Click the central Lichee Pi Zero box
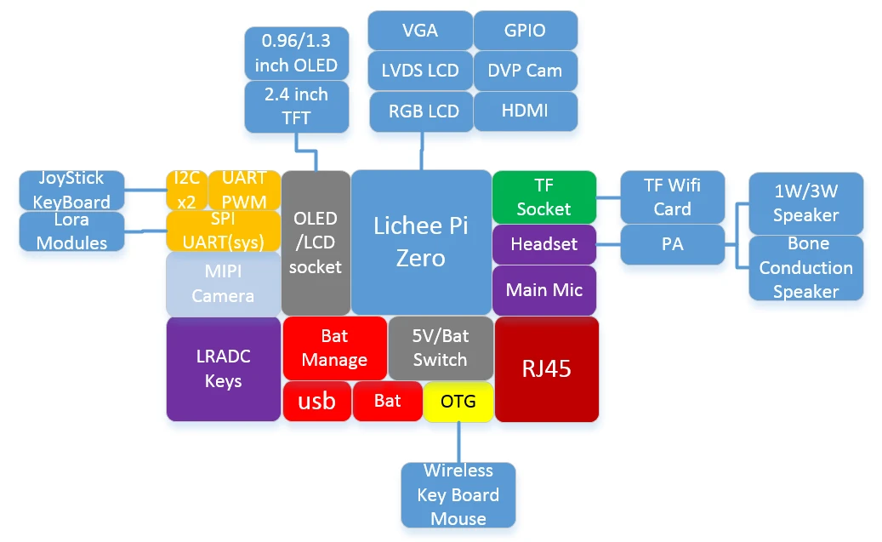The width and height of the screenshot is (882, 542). tap(421, 242)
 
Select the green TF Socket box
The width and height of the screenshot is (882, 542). tap(543, 197)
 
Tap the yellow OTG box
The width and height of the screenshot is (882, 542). tap(458, 401)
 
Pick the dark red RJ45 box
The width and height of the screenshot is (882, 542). tap(546, 368)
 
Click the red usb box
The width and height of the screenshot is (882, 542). tap(316, 401)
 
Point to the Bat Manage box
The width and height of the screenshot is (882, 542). tap(334, 348)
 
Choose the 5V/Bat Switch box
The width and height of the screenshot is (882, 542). tap(440, 348)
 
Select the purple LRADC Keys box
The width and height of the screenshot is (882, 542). tap(223, 368)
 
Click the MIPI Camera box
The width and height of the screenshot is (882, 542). tap(223, 284)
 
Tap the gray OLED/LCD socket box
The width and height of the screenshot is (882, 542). tap(316, 242)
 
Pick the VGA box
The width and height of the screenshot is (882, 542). tap(420, 31)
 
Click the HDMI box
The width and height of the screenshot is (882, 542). tap(525, 111)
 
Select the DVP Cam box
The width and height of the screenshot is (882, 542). tap(525, 71)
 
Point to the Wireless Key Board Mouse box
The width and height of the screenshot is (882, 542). tap(458, 494)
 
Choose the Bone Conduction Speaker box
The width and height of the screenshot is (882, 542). tap(805, 268)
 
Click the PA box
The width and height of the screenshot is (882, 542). tap(672, 244)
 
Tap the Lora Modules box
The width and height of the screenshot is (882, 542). tap(72, 231)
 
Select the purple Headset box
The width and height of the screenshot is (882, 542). tap(543, 244)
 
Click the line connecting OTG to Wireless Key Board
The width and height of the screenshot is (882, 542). tap(458, 442)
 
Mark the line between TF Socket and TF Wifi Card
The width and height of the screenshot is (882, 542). tap(607, 197)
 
